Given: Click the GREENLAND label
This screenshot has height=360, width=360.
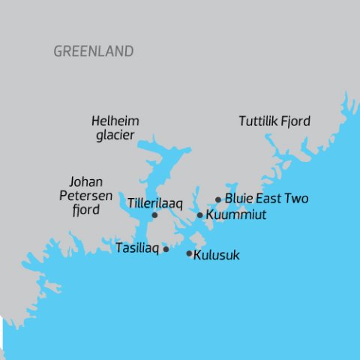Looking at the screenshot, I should pyautogui.click(x=94, y=52).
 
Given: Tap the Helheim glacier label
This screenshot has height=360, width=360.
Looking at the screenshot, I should pyautogui.click(x=115, y=127).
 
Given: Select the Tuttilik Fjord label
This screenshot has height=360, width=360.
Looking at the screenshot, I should pyautogui.click(x=274, y=121).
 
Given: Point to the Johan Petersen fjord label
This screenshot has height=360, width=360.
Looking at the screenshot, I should pyautogui.click(x=85, y=196).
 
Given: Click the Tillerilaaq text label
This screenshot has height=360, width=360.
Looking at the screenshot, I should pyautogui.click(x=155, y=203).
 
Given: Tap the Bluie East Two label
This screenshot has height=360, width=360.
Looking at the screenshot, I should pyautogui.click(x=266, y=199).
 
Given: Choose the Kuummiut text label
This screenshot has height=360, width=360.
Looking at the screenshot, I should pyautogui.click(x=235, y=215).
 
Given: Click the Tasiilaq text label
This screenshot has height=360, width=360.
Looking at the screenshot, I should pyautogui.click(x=136, y=248).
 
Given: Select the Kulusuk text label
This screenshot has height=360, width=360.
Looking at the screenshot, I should pyautogui.click(x=217, y=255).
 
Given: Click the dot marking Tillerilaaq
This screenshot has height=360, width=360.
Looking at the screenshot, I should pyautogui.click(x=154, y=215).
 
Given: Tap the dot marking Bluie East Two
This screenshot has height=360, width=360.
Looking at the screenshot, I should pyautogui.click(x=218, y=199).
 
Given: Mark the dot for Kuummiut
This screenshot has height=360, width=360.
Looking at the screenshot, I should pyautogui.click(x=199, y=215).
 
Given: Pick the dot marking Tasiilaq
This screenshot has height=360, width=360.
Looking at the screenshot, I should pyautogui.click(x=166, y=249).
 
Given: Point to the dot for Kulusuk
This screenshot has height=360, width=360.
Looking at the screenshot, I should pyautogui.click(x=189, y=253).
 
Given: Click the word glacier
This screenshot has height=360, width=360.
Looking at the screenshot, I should pyautogui.click(x=115, y=135).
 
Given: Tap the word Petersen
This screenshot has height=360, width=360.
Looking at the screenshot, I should pyautogui.click(x=85, y=196).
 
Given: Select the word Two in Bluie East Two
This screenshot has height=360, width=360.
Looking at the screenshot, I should pyautogui.click(x=295, y=199).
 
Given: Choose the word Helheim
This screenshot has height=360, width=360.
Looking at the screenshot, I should pyautogui.click(x=115, y=121).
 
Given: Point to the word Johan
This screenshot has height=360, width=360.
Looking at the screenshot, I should pyautogui.click(x=85, y=182).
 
